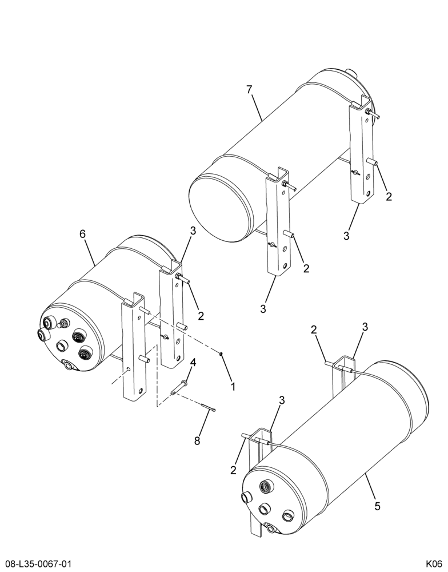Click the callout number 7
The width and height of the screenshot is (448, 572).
pos(249,89)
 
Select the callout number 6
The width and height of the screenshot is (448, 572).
pos(83,234)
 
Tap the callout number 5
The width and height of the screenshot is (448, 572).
pos(377,506)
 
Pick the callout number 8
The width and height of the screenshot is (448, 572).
pos(197,441)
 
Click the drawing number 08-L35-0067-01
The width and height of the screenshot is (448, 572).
pos(35,565)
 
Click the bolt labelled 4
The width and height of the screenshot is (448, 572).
pos(179,387)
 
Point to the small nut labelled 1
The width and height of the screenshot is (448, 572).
pos(221,353)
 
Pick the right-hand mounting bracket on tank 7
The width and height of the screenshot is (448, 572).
pos(361,149)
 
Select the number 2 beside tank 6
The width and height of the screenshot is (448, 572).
pos(201,316)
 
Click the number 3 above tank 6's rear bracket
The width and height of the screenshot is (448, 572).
pos(193,231)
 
